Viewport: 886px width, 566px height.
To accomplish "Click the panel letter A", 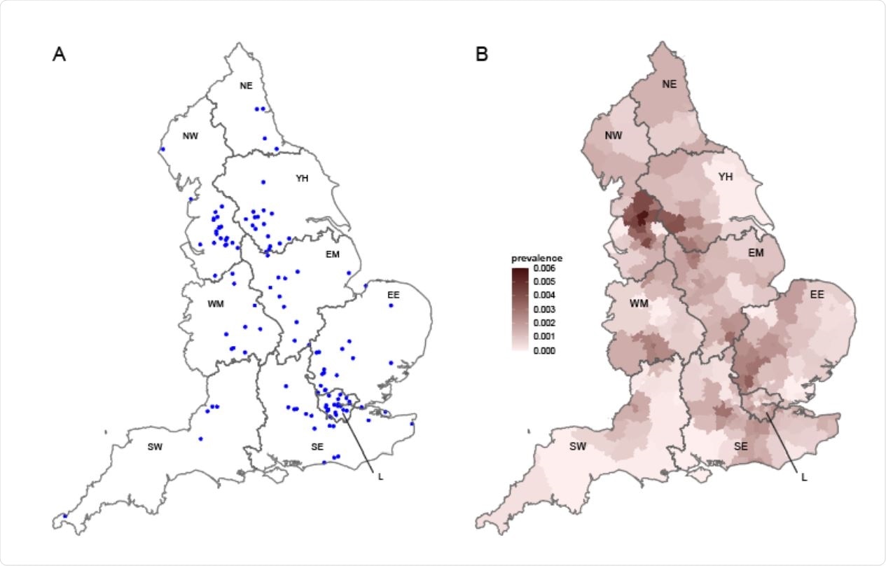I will pos(59,55).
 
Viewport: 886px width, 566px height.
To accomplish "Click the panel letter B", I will pos(482,55).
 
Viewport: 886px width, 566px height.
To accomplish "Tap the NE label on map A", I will pos(246,85).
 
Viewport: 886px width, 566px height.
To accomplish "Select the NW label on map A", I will pos(190,135).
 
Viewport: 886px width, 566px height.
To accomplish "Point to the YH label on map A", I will pos(302,178).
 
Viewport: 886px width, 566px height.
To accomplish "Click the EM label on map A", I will pos(332,254).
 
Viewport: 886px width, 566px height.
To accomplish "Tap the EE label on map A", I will pos(393,295).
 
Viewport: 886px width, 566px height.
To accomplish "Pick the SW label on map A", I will pos(155,446).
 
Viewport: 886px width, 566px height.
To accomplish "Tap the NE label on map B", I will pos(670,83).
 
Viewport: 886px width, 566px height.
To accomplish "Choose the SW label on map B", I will pos(578,446).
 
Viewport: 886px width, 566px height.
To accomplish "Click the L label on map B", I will pos(803,478).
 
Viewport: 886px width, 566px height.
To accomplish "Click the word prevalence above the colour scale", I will pos(537,258).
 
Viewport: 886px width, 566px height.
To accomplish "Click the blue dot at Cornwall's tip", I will pos(64,516).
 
